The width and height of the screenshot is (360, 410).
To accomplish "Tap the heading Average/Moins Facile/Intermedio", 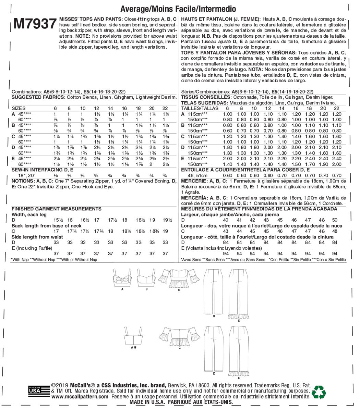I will click(178, 9).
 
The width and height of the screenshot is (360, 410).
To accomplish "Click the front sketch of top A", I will click(122, 278).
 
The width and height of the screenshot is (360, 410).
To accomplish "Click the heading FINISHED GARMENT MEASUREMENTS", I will click(56, 209).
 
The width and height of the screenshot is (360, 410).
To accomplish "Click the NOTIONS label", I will click(23, 181).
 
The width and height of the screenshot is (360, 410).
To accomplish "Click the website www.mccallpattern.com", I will click(80, 396).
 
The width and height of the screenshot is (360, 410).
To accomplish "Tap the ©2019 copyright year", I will click(58, 385).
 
